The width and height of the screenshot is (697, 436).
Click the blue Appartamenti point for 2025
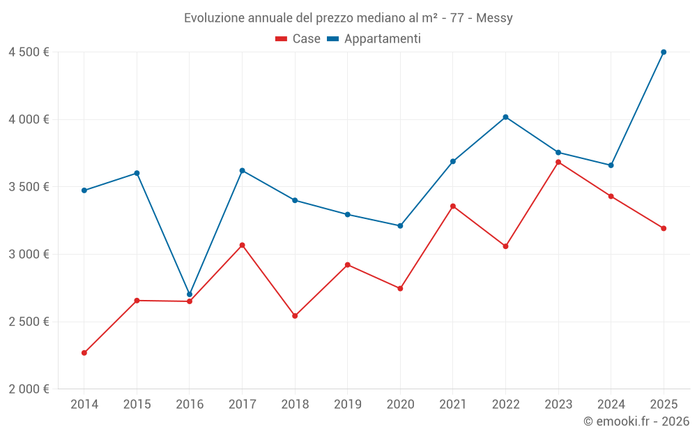(664, 52)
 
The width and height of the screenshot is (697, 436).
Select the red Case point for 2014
(84, 353)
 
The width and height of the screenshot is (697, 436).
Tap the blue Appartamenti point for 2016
(190, 294)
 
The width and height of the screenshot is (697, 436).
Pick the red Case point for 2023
(558, 162)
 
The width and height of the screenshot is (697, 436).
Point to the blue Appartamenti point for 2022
(505, 117)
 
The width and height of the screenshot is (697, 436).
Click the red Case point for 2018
(295, 316)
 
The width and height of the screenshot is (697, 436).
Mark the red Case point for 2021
(453, 206)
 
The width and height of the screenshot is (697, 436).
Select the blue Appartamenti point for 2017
(242, 170)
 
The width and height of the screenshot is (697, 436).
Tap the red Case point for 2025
(664, 228)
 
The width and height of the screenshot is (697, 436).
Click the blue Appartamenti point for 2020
(400, 226)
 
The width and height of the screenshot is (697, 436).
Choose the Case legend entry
(298, 39)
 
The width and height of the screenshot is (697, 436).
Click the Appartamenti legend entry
(374, 39)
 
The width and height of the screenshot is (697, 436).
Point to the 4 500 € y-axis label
(29, 52)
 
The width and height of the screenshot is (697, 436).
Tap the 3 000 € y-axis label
(29, 254)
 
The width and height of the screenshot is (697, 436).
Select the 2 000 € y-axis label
(29, 389)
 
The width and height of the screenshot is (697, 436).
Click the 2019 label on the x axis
(347, 404)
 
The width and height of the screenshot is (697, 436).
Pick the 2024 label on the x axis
(611, 404)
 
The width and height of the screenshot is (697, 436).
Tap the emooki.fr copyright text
(636, 421)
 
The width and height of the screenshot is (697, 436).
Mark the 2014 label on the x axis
(84, 404)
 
